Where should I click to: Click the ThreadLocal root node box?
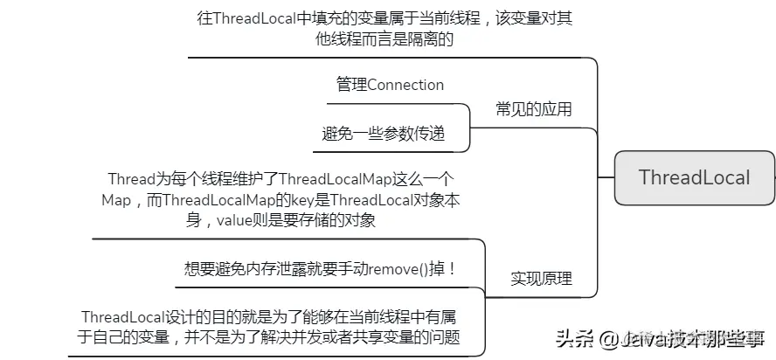pos(694,177)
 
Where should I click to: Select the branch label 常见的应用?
pos(533,109)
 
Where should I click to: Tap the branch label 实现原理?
pos(541,279)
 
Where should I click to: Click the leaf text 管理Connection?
pos(390,85)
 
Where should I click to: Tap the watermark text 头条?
pos(574,337)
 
